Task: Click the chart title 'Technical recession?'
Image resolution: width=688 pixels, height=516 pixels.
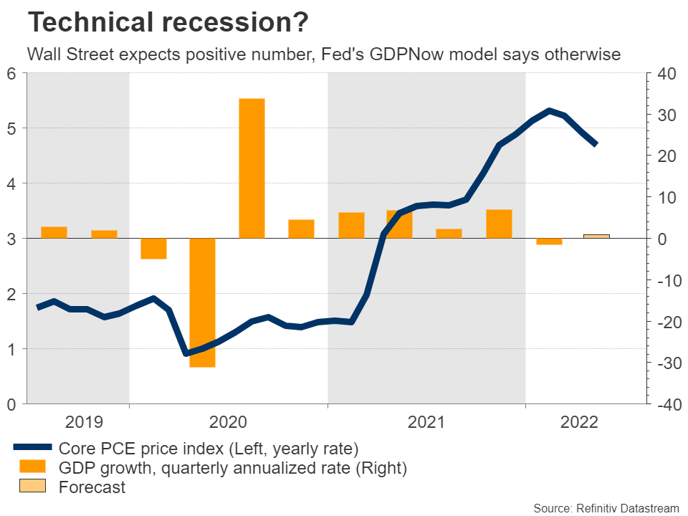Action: tap(168, 23)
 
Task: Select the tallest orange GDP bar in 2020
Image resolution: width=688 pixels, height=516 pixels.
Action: tap(252, 168)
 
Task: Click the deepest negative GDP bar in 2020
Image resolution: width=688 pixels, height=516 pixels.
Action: tap(202, 302)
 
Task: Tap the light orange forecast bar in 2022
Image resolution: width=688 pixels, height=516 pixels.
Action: tap(596, 236)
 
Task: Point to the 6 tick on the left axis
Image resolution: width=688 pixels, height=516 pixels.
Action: tap(12, 73)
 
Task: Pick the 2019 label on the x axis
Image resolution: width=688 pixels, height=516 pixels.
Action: tap(85, 422)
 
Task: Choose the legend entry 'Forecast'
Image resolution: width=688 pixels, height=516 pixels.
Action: tap(92, 487)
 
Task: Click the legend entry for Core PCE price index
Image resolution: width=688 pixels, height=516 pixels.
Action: tap(208, 449)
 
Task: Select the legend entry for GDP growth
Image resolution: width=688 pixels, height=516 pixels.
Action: tap(233, 468)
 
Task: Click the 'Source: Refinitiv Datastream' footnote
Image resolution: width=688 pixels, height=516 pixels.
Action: tap(606, 507)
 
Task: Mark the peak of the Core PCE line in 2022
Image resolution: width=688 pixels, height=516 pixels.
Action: tap(549, 110)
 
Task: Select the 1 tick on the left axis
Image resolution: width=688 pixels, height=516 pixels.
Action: tap(12, 349)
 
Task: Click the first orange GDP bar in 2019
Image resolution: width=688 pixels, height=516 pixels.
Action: tap(54, 232)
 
